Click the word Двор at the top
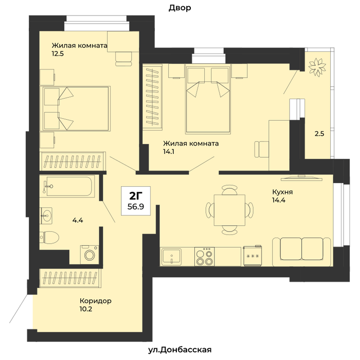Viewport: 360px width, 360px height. (x=180, y=8)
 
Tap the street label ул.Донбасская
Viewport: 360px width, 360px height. (x=179, y=350)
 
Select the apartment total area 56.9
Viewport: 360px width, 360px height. (x=136, y=207)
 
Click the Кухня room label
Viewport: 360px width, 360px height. (x=282, y=192)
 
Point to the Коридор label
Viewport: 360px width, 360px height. (x=96, y=300)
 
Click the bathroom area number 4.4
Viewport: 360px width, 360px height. (x=78, y=221)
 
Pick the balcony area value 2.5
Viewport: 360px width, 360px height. (x=319, y=134)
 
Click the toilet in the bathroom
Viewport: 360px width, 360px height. (x=49, y=237)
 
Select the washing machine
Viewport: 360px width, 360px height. (x=89, y=255)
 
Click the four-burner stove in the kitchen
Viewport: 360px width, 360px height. (x=204, y=257)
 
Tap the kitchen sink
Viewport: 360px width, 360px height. (x=171, y=257)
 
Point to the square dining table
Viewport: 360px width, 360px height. (x=229, y=210)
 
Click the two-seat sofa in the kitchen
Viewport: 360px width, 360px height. (x=302, y=252)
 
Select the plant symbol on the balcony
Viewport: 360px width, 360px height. (x=317, y=67)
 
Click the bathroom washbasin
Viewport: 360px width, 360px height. (x=46, y=215)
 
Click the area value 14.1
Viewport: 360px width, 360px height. (x=169, y=152)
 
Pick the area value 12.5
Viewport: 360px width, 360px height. (x=58, y=53)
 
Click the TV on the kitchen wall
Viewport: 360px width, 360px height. (x=302, y=178)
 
